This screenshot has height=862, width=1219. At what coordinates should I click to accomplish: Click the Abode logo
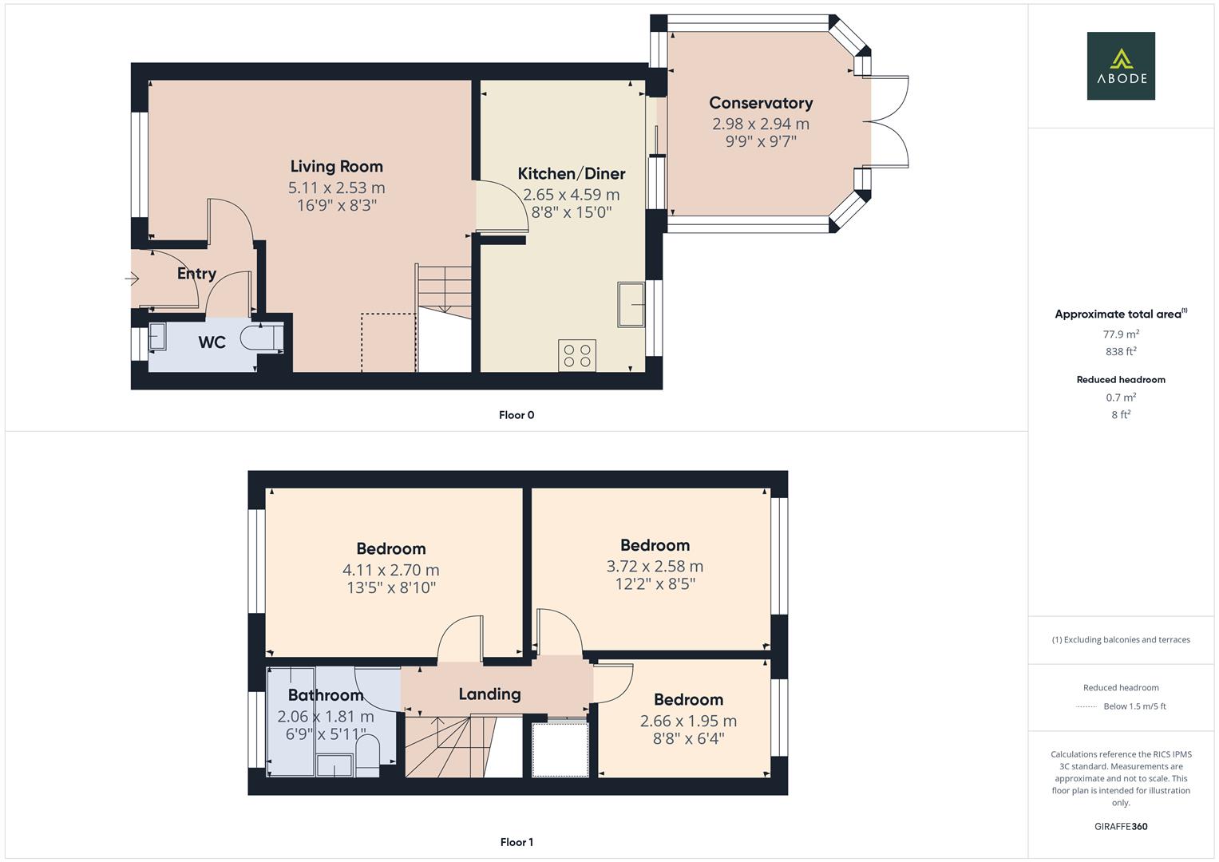tap(1120, 65)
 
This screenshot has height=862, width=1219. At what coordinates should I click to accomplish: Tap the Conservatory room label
tap(760, 103)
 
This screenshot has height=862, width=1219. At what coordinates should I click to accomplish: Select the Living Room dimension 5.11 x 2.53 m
tap(336, 188)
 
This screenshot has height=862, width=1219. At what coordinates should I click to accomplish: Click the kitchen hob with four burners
tap(577, 356)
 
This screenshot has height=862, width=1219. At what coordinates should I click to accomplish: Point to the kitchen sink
tap(631, 304)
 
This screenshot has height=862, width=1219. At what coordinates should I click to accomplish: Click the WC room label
tap(212, 342)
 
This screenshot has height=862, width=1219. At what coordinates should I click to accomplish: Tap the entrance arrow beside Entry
tap(132, 279)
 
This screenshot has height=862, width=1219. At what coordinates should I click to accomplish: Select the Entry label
tap(196, 274)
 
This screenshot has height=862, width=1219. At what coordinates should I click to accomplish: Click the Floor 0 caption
tap(516, 415)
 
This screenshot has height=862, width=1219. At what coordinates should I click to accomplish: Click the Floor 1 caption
tap(516, 842)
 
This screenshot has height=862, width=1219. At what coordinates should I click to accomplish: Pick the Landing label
tap(489, 694)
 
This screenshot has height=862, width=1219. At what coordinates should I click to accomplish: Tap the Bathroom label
tap(325, 695)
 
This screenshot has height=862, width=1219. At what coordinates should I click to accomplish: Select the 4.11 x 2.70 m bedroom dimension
tap(390, 571)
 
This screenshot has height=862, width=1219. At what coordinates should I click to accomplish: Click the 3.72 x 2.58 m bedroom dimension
tap(655, 567)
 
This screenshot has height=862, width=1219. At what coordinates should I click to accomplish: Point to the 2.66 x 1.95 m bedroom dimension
tap(688, 721)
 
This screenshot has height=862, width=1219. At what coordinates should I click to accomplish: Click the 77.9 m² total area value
tap(1120, 334)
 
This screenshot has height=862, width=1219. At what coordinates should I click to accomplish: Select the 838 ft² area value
tap(1120, 352)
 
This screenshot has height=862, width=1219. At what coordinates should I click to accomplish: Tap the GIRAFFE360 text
tap(1120, 827)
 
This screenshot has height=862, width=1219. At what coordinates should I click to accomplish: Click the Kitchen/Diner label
tap(571, 174)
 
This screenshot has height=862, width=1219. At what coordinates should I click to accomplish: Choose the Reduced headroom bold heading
tap(1120, 380)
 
